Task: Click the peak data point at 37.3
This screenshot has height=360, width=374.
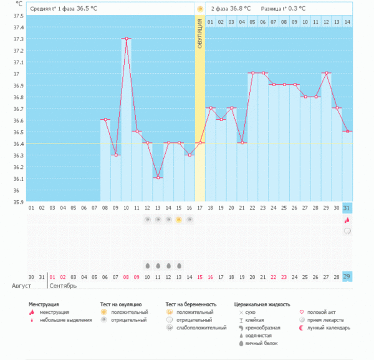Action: (126, 39)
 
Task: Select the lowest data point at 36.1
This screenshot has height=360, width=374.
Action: (158, 178)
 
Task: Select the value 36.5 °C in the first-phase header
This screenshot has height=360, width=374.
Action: (87, 9)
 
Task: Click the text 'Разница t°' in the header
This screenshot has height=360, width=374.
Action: (274, 9)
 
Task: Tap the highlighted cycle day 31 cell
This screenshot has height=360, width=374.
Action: (347, 208)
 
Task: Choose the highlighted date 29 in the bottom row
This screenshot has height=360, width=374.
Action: (347, 276)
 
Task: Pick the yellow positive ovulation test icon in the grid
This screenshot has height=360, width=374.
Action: (179, 220)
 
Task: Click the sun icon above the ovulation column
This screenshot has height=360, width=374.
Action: (199, 9)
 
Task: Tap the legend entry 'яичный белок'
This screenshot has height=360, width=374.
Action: (261, 343)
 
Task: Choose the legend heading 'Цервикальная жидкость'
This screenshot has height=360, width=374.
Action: (262, 304)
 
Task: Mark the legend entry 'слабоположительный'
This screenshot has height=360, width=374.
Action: (201, 328)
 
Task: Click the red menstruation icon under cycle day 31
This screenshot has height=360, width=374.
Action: (347, 220)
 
